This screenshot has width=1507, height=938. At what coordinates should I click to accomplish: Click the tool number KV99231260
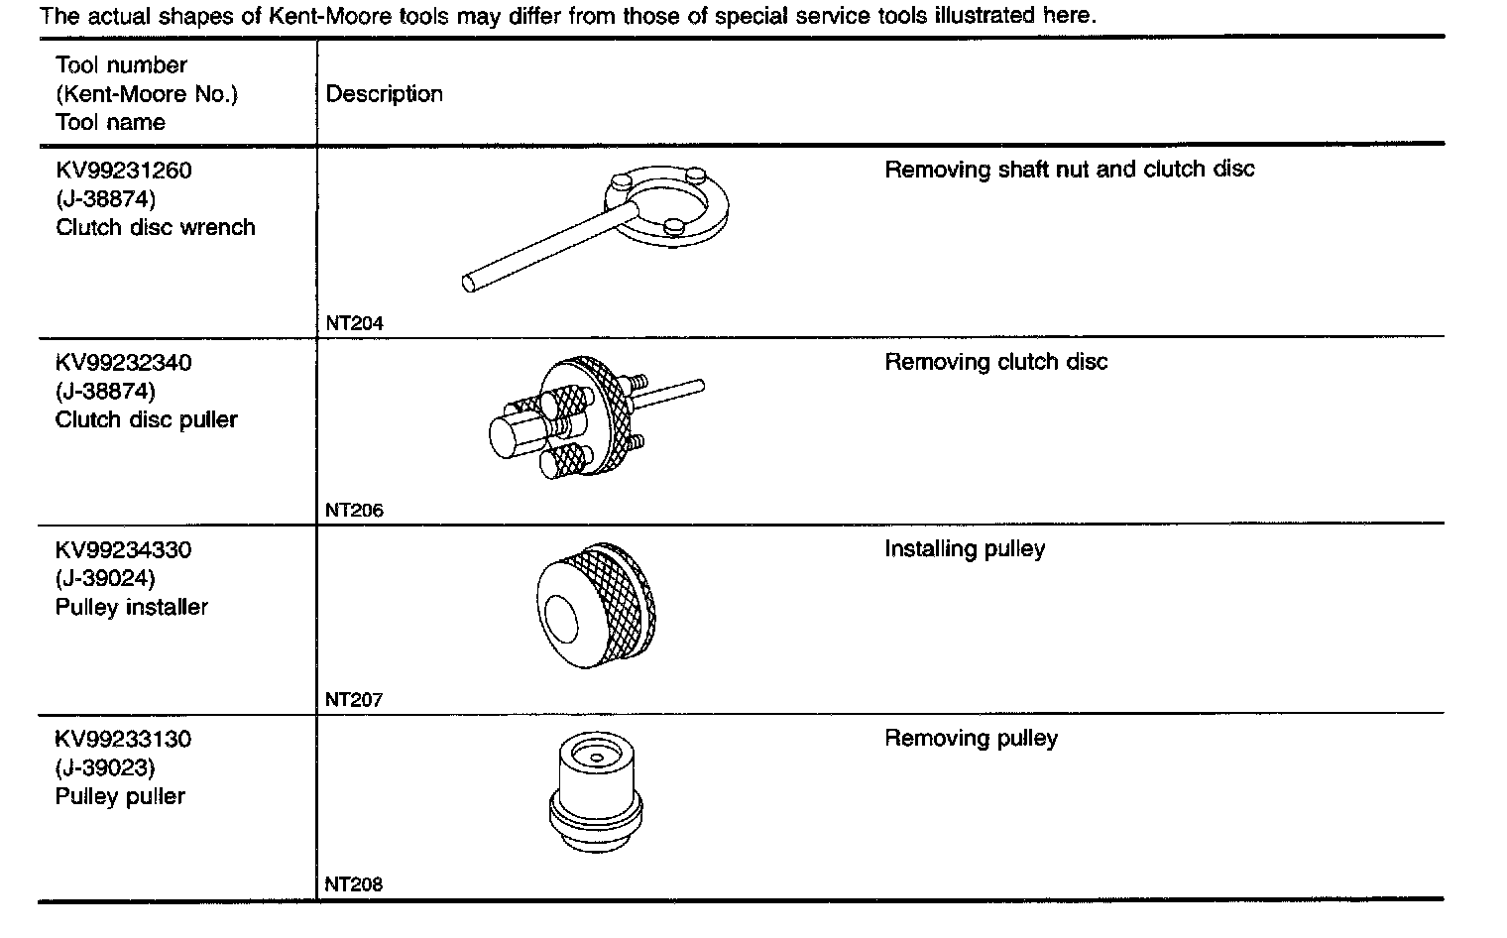pos(124,171)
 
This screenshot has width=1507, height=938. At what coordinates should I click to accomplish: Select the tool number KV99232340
pos(124,363)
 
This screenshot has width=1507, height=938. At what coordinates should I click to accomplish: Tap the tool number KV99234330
pos(124,550)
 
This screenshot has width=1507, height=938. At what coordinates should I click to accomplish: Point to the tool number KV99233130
pos(124,740)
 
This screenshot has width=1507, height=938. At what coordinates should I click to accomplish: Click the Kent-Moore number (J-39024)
pos(106,579)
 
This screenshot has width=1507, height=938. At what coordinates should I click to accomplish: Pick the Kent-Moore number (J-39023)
pos(106,768)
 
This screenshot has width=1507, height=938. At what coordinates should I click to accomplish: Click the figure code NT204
pos(354,323)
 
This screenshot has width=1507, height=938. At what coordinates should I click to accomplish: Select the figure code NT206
pos(354,511)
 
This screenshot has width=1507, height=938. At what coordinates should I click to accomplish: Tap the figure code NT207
pos(354,700)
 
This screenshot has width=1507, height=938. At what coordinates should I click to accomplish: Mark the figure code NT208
pos(354,884)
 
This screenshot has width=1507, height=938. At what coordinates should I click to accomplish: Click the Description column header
pos(385,94)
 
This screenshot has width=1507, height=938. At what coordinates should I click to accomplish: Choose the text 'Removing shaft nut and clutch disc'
pos(1069,170)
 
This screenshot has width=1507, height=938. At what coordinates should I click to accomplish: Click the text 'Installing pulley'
pos(965,549)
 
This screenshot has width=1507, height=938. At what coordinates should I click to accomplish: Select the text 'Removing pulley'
pos(971,739)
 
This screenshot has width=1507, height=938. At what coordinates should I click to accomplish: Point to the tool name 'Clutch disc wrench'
pos(156,228)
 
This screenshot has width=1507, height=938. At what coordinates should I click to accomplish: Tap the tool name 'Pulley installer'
pos(132,608)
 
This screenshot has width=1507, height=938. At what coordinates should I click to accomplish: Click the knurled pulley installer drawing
pos(596,606)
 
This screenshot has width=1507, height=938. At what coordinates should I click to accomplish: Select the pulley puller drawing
pos(591,794)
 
